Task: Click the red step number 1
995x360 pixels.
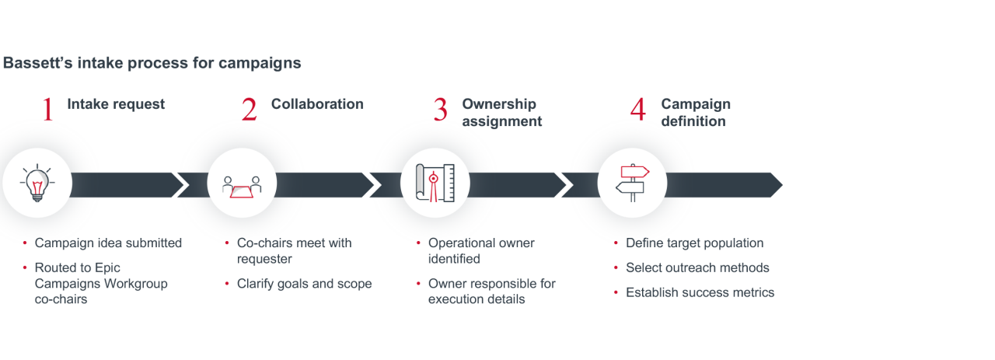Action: [x=48, y=110]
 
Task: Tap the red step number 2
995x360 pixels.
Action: [x=249, y=110]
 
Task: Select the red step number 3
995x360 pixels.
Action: [x=441, y=110]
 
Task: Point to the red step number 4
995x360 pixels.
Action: [x=637, y=110]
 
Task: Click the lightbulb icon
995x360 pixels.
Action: [x=37, y=183]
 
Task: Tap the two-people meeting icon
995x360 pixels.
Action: [x=242, y=184]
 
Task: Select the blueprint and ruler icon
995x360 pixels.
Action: [x=435, y=184]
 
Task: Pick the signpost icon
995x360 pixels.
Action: [x=632, y=183]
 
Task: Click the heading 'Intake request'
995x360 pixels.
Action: [x=116, y=104]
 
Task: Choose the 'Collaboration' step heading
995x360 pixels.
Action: [x=317, y=104]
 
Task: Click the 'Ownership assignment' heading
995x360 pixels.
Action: [x=501, y=113]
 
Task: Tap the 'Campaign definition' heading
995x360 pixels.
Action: [x=696, y=113]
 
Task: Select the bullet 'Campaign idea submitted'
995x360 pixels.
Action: [x=108, y=243]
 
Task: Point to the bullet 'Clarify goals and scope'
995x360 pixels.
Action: [x=304, y=284]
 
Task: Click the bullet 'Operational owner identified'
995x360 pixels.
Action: [x=481, y=250]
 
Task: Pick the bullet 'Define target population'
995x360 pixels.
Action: [x=694, y=243]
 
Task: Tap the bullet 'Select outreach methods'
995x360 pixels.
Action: [x=697, y=268]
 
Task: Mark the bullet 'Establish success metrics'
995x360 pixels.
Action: [x=700, y=293]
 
